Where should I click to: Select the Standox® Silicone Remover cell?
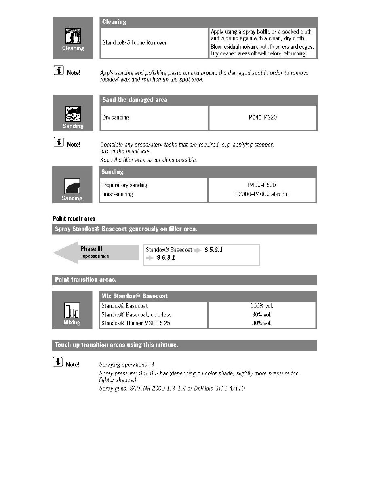[x=134, y=43]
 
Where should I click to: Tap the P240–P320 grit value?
[x=263, y=118]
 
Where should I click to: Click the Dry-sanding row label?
[x=116, y=118]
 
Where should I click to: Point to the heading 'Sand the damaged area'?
[x=135, y=100]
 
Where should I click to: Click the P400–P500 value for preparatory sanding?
[x=262, y=185]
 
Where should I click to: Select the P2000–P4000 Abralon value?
[x=262, y=194]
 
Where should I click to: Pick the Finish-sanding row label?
[x=117, y=194]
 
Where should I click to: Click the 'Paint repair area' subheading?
[x=74, y=219]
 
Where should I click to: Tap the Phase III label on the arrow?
[x=89, y=249]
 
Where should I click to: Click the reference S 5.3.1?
[x=213, y=250]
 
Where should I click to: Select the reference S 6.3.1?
[x=166, y=258]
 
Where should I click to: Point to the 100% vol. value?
[x=262, y=306]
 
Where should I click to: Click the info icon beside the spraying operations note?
[x=58, y=363]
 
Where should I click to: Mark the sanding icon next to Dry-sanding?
[x=73, y=114]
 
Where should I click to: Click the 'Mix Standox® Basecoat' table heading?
[x=135, y=296]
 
